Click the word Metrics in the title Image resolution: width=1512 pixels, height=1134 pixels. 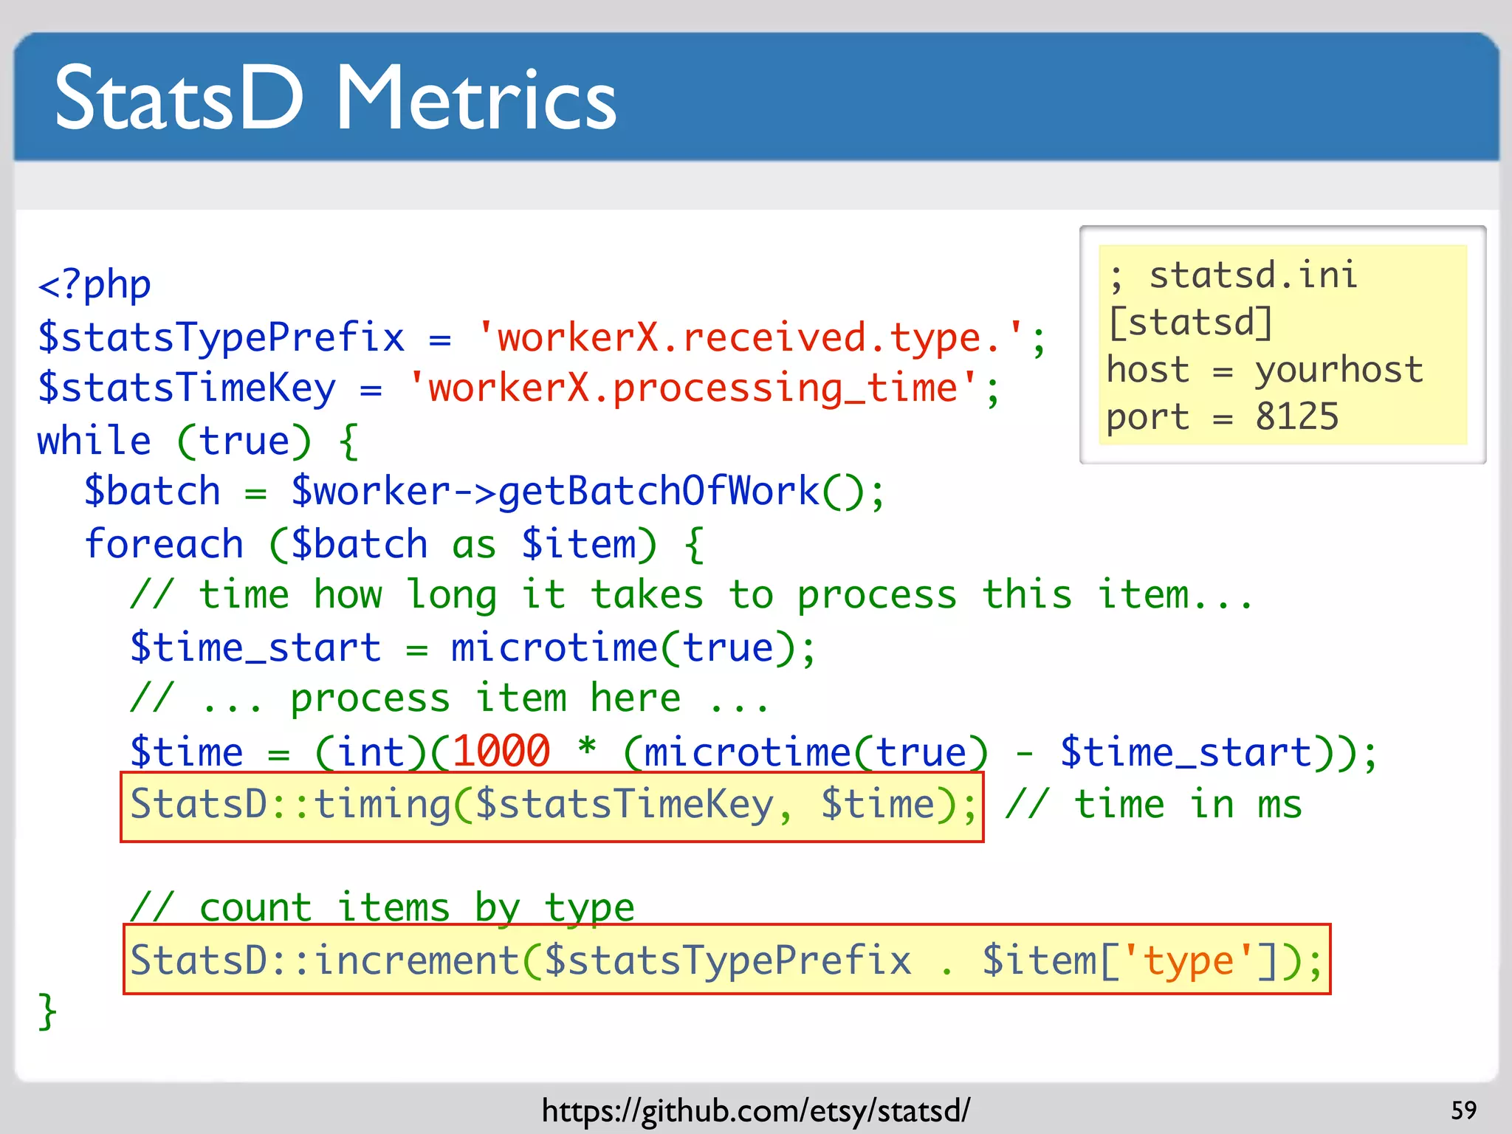coord(476,100)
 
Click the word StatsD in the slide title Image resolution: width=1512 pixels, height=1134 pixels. coord(179,100)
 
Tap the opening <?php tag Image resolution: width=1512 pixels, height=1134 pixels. coord(94,285)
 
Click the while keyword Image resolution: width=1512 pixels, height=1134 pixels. coord(94,441)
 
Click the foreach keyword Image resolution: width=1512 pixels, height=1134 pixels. coord(164,544)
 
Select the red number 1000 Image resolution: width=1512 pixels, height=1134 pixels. coord(501,752)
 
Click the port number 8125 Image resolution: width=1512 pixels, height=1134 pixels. coord(1296,417)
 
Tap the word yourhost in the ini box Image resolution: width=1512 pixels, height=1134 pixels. coord(1339,370)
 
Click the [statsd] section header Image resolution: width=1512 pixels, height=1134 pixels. coord(1190,323)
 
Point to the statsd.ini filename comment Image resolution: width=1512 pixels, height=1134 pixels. coord(1252,275)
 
